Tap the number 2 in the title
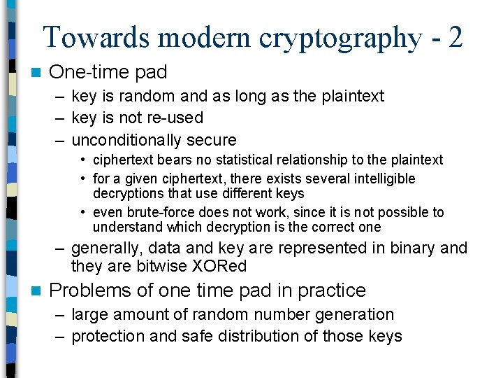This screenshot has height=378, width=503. click(455, 36)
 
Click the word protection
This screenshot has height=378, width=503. click(108, 336)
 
